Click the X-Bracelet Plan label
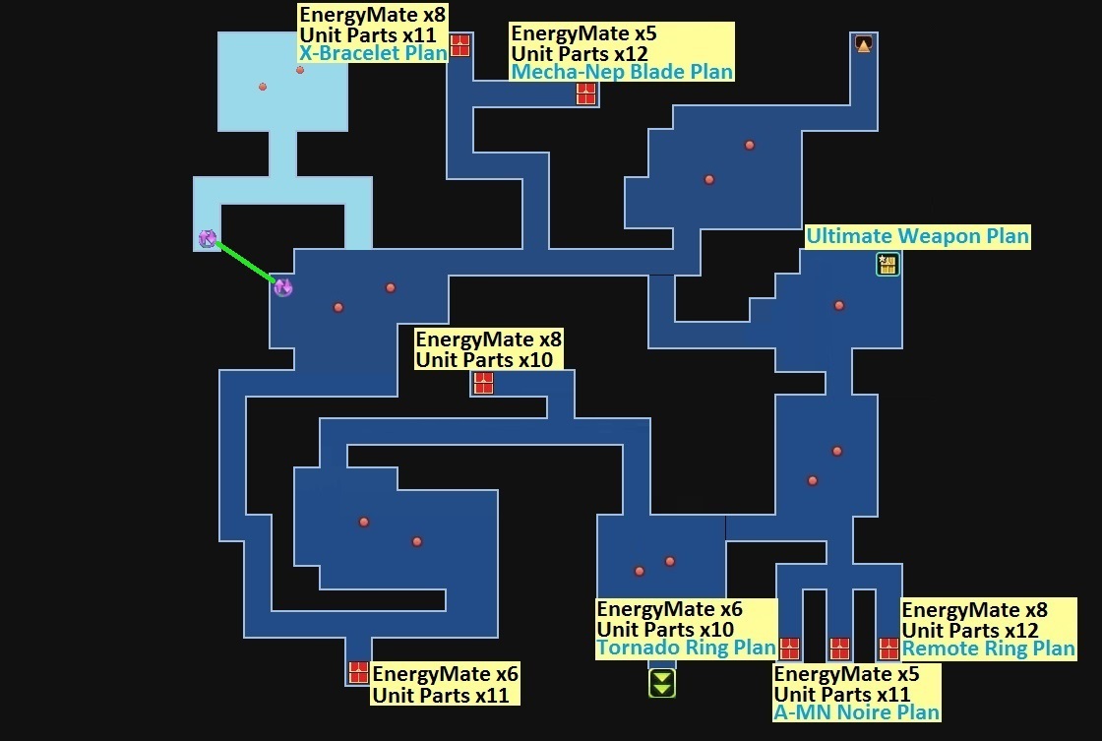coord(373,53)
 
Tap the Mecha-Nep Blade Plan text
coord(622,71)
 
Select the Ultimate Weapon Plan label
coord(917,236)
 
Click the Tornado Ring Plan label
coord(686,648)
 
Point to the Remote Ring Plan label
coord(988,648)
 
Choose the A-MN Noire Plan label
coord(856,711)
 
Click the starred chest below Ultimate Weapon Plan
coord(888,264)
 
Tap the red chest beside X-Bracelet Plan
coord(459,45)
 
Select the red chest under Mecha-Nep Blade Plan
coord(586,93)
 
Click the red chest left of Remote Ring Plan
coord(889,648)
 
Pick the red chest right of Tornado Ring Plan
coord(789,648)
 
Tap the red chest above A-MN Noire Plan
coord(839,648)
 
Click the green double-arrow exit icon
coord(662,683)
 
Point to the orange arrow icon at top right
coord(864,43)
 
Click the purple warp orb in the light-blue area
coord(208,237)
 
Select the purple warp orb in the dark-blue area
coord(283,287)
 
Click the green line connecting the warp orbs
coord(245,262)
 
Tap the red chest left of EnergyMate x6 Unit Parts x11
coord(358,673)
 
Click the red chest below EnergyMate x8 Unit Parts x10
coord(483,383)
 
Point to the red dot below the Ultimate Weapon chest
coord(839,305)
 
